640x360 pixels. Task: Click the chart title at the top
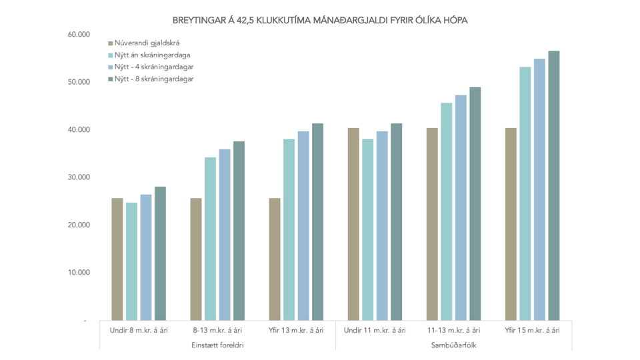click(320, 20)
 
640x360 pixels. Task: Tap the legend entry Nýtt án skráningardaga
click(152, 55)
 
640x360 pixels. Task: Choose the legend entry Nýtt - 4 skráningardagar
click(154, 67)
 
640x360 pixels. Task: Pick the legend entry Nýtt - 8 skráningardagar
click(154, 79)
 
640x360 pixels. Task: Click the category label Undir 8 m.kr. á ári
click(139, 330)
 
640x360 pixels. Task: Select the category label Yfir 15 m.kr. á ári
click(532, 330)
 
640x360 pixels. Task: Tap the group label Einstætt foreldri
click(217, 345)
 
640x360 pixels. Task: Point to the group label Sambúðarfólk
click(453, 345)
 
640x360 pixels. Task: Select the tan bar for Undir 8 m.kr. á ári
click(117, 259)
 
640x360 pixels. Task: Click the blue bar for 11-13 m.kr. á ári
click(461, 207)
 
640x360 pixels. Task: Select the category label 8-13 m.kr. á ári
click(217, 330)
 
